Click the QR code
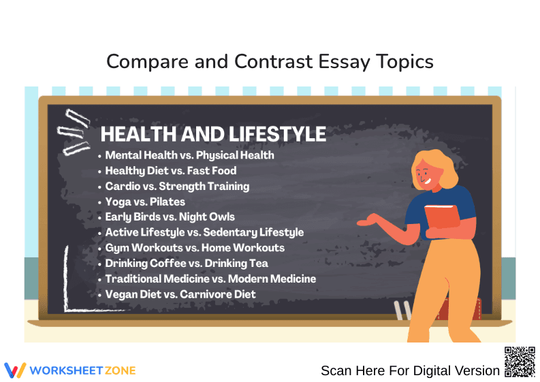520,362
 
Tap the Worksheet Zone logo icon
15,370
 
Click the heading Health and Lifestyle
212,134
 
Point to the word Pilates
168,202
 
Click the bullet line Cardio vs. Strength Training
177,186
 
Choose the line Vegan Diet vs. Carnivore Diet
180,294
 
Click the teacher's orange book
442,217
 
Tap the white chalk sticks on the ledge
403,311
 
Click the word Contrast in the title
274,62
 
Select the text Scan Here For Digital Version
410,370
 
